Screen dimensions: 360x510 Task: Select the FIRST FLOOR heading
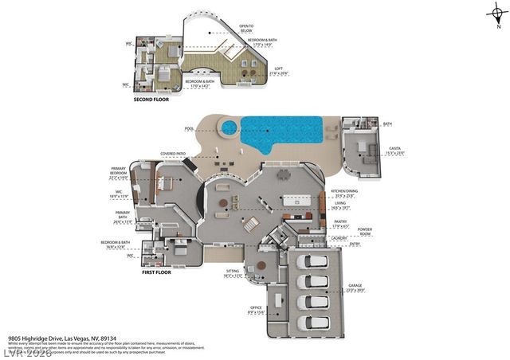[157, 272]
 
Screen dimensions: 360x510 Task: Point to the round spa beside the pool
[229, 127]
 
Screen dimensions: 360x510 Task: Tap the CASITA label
[372, 149]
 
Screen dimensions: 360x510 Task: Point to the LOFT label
[279, 69]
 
